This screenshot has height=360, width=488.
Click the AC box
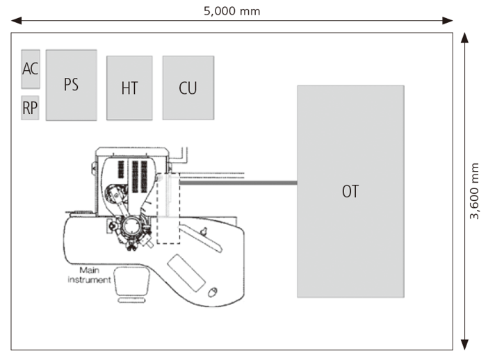[31, 69]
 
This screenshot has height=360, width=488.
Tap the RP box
[30, 108]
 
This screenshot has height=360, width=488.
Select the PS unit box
[71, 85]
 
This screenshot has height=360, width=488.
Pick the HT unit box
[129, 88]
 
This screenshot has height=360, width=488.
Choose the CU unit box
[188, 88]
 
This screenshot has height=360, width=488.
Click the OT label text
[350, 191]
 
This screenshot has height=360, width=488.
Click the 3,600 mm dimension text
[475, 191]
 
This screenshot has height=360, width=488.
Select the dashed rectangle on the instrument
[168, 208]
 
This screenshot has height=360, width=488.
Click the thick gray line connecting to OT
[236, 183]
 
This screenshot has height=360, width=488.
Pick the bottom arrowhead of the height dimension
[465, 345]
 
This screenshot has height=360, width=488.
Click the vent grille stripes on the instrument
[131, 175]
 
